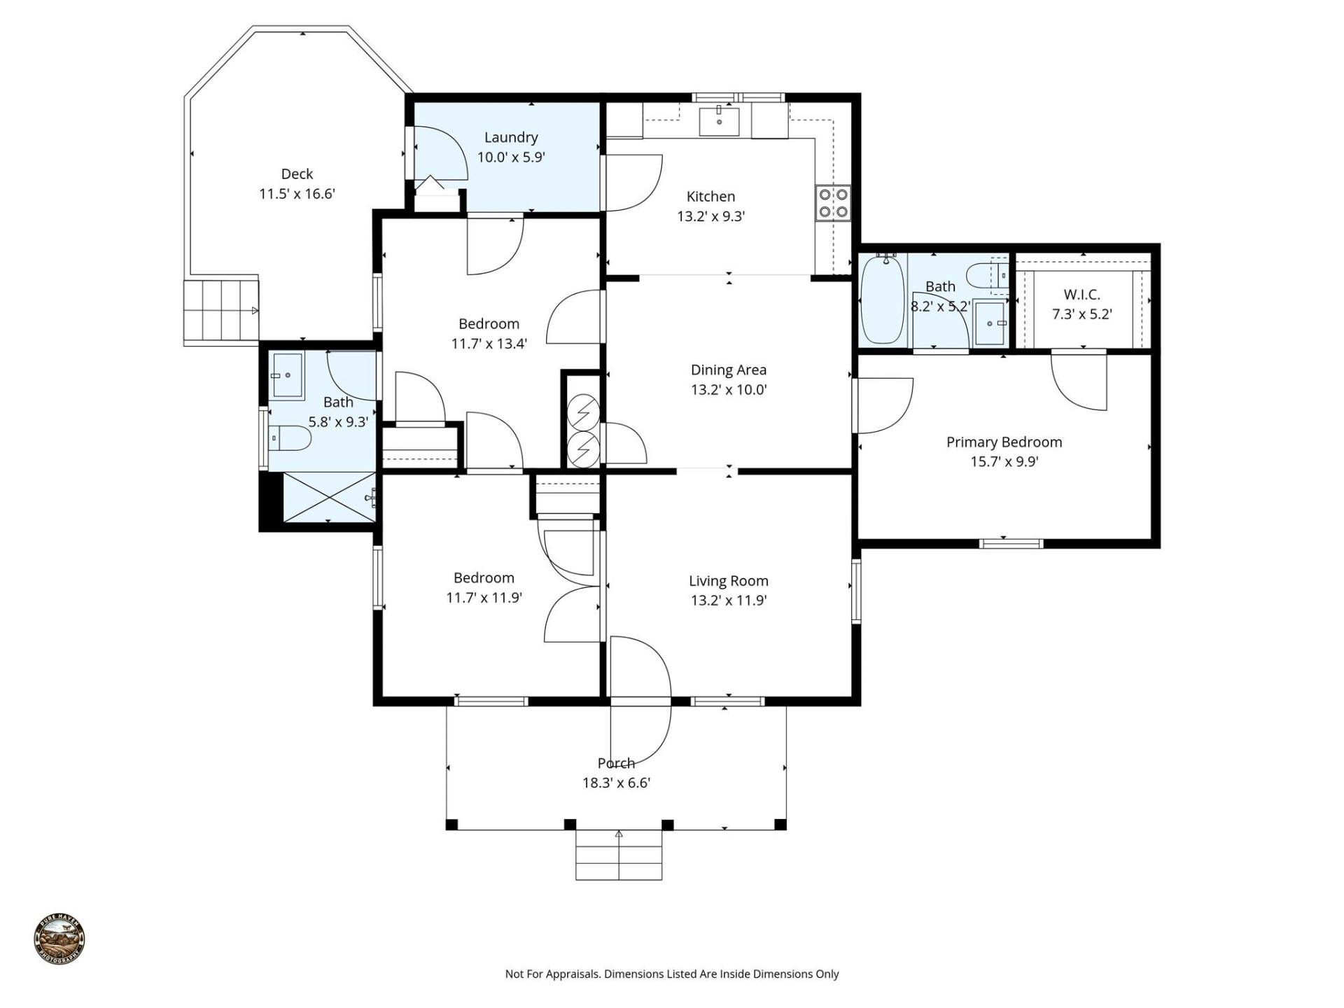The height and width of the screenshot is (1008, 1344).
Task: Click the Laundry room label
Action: pos(511,137)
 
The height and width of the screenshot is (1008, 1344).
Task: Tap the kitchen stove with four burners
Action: pos(833,203)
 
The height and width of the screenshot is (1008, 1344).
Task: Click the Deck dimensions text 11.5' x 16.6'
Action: pos(297,194)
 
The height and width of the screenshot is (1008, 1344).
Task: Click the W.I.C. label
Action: pos(1081,295)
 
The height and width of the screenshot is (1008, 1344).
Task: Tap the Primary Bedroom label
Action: pos(1004,442)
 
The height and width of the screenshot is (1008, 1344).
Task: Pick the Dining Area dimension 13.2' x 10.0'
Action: pos(729,390)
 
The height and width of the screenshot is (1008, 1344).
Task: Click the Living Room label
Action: pos(728,580)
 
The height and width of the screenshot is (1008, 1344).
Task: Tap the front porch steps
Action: pos(619,855)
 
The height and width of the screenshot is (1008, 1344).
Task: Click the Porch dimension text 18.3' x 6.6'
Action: pos(616,783)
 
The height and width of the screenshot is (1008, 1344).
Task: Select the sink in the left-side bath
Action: pos(287,375)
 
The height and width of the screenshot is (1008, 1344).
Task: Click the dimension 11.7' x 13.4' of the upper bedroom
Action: pos(489,344)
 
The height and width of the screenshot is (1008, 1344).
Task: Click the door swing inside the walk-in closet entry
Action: pos(1081,385)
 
